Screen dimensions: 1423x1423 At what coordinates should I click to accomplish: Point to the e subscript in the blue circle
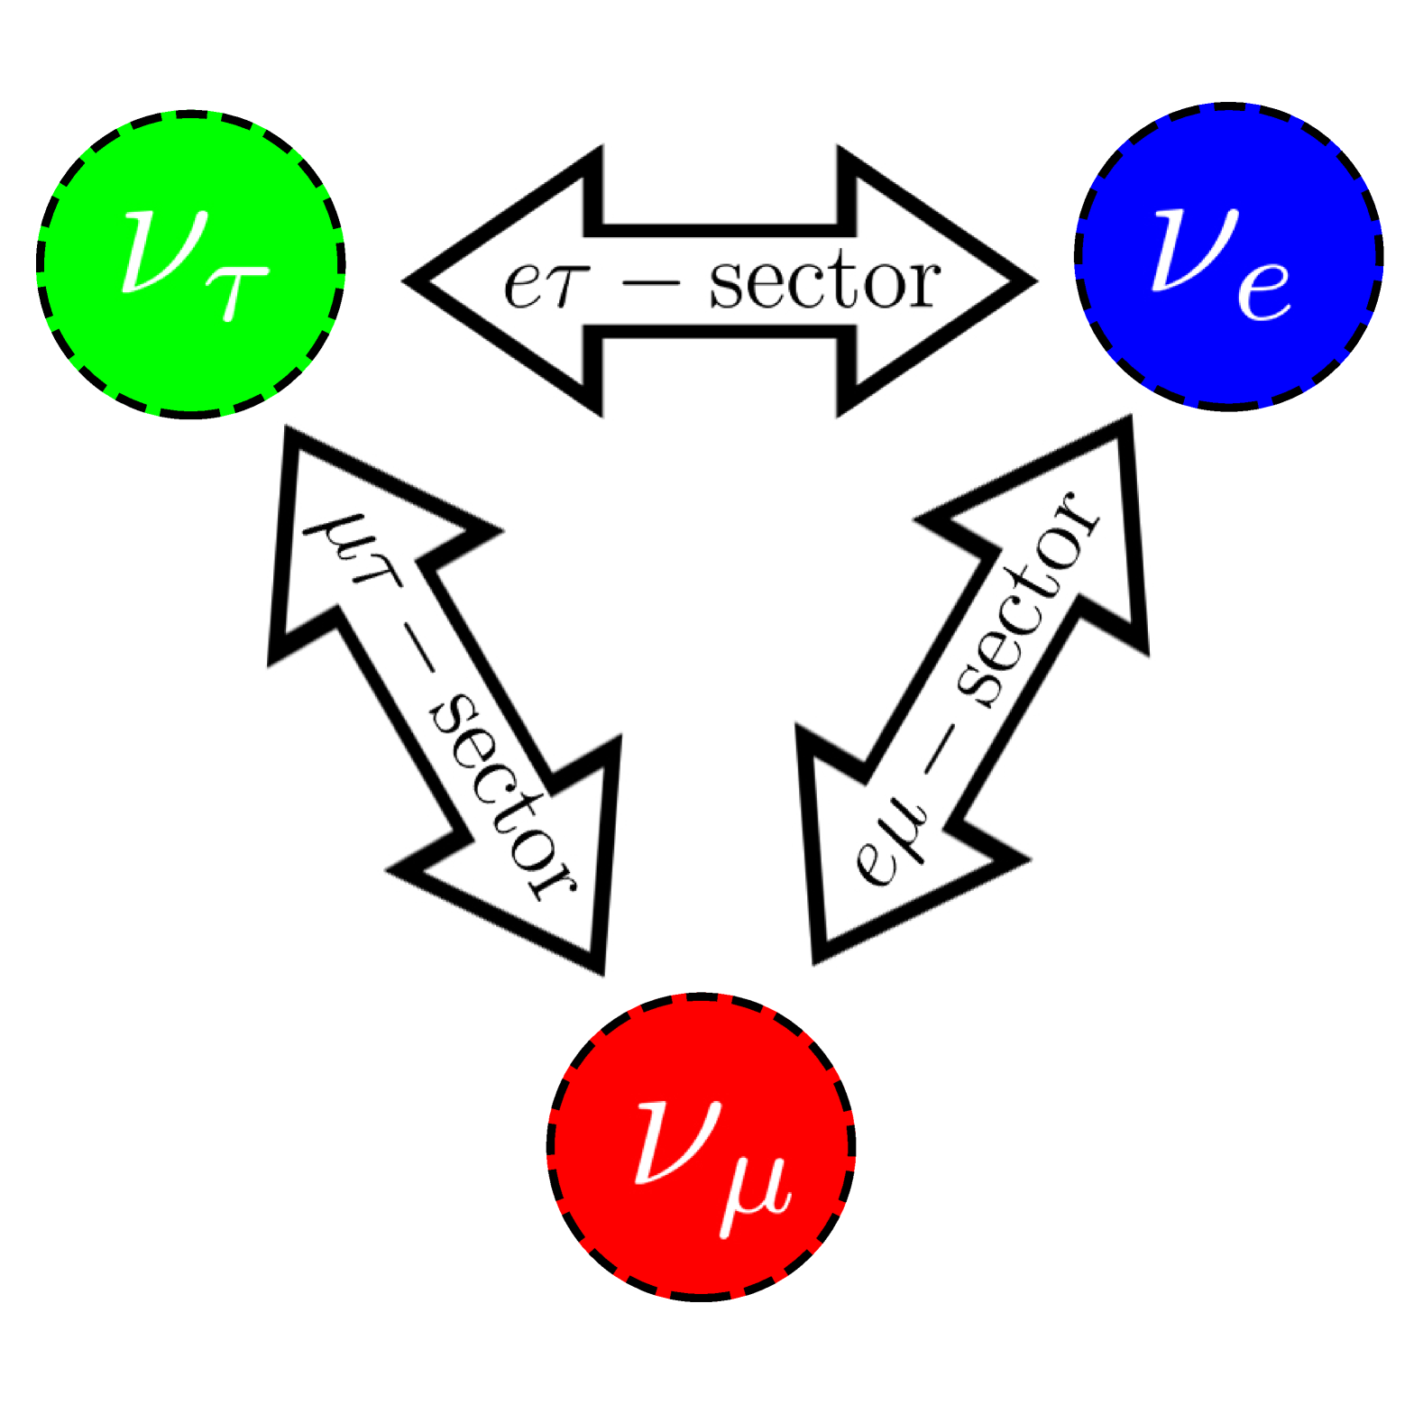(1264, 290)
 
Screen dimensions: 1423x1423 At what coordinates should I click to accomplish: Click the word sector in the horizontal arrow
(824, 281)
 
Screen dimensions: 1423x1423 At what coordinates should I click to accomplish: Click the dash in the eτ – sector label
(651, 282)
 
